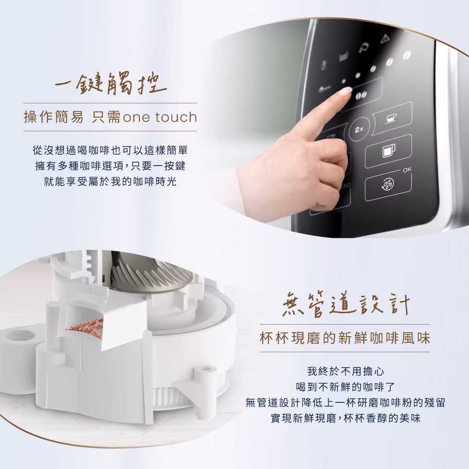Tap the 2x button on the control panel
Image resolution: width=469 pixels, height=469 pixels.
click(x=359, y=129)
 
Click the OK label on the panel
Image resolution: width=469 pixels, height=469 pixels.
click(x=407, y=170)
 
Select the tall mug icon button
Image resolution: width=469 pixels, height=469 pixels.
click(x=388, y=151)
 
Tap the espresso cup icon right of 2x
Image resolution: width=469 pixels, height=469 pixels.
click(x=392, y=118)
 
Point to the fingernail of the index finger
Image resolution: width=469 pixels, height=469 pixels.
click(x=347, y=91)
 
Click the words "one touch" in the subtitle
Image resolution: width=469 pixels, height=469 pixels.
click(x=160, y=117)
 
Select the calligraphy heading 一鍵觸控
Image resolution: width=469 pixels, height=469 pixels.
click(x=111, y=83)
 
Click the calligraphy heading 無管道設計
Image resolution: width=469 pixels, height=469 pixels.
click(x=346, y=304)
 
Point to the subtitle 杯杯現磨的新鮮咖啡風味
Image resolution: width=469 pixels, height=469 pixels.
click(x=345, y=338)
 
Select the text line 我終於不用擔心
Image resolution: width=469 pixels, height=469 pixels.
click(x=346, y=371)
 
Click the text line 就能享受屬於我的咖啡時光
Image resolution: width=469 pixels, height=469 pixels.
click(x=110, y=181)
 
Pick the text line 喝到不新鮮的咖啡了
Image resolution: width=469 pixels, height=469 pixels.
click(x=346, y=387)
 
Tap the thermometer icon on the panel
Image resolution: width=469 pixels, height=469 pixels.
click(x=323, y=65)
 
